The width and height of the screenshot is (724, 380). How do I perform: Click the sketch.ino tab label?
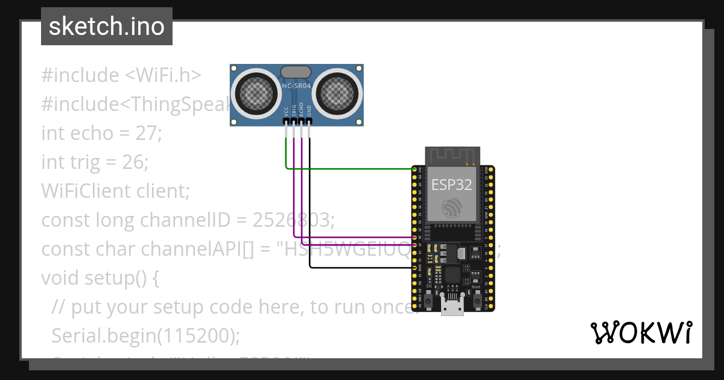coord(106,27)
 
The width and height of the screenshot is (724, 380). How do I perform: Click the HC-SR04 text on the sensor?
coord(296,86)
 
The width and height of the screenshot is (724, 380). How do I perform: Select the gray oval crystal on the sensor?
coord(296,72)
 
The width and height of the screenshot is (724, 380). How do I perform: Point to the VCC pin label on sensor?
coord(286,111)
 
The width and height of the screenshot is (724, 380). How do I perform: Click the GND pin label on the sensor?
coord(309,111)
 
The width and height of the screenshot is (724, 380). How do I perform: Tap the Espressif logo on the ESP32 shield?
coord(451,208)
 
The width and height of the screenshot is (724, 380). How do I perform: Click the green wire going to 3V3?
coord(350,168)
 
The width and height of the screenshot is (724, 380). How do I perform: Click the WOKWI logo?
coord(641,332)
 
